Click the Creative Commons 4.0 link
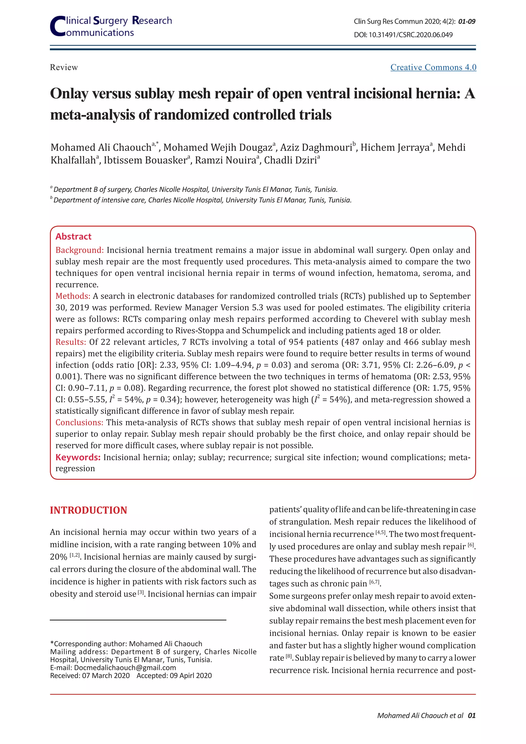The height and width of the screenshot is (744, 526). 433,67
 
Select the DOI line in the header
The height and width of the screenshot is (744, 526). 403,35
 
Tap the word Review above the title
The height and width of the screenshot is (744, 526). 64,67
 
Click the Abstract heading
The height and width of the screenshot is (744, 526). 73,237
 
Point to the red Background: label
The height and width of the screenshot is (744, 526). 79,250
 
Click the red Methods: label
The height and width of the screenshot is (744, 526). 73,296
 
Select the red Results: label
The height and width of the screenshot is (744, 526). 71,342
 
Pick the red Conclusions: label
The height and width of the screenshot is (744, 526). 79,423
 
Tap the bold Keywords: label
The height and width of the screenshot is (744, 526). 78,457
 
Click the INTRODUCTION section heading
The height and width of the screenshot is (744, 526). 88,510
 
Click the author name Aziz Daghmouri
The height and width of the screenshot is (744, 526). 316,148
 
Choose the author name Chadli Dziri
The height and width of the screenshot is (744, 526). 290,160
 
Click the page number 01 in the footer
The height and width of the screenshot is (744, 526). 472,715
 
